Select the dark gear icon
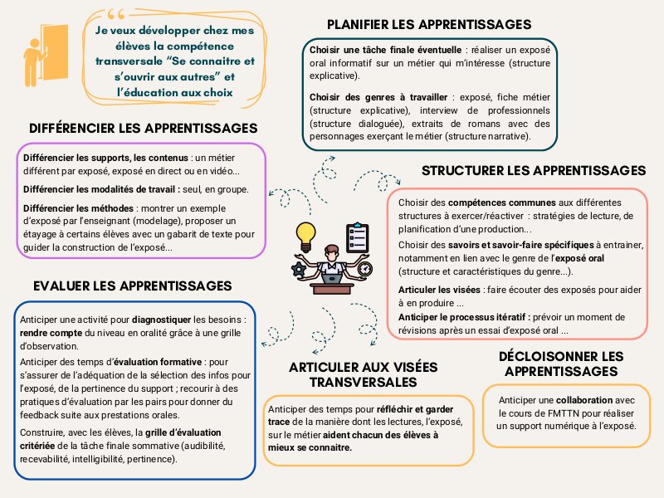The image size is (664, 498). [299, 269]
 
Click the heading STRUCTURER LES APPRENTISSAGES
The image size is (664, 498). [533, 170]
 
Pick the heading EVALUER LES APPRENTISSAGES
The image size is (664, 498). [133, 286]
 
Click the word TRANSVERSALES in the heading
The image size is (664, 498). [363, 382]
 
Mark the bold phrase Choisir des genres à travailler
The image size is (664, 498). [378, 97]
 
